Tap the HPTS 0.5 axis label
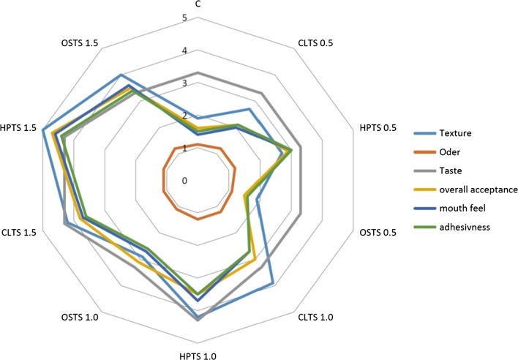[378, 127]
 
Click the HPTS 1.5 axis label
[20, 127]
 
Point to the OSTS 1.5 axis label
[80, 43]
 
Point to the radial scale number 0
[185, 181]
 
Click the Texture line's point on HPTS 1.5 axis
[43, 130]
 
